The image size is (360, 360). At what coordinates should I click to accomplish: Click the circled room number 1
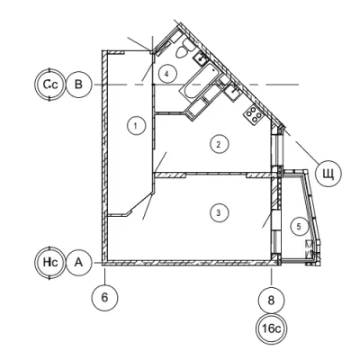(x=136, y=125)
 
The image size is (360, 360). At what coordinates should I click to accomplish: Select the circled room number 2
(x=219, y=144)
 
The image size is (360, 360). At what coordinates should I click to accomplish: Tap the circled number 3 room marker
(x=219, y=213)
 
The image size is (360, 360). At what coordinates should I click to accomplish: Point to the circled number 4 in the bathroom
(x=167, y=73)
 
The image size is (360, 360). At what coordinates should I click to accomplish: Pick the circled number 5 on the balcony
(x=299, y=227)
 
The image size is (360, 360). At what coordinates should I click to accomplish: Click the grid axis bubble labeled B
(x=78, y=85)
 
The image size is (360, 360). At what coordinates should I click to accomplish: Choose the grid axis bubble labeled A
(x=78, y=263)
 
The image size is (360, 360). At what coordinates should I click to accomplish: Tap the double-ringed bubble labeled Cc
(x=49, y=85)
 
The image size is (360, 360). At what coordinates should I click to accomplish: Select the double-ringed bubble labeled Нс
(x=49, y=263)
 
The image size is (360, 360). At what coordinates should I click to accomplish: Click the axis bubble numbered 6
(x=104, y=298)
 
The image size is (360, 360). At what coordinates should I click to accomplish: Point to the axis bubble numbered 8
(x=271, y=300)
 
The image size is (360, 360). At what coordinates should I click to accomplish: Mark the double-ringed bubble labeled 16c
(x=271, y=329)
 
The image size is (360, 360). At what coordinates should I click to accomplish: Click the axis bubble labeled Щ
(x=328, y=174)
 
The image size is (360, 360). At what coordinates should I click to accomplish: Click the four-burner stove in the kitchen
(x=254, y=114)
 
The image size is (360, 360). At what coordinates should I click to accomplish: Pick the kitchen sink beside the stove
(x=232, y=91)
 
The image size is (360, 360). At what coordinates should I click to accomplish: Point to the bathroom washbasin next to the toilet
(x=200, y=58)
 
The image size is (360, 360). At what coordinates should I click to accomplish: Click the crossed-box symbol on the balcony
(x=309, y=248)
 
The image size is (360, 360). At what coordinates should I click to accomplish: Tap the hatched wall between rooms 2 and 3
(x=214, y=175)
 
